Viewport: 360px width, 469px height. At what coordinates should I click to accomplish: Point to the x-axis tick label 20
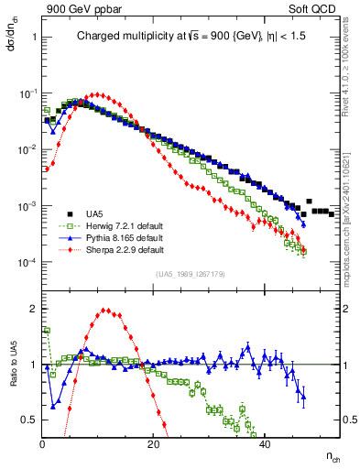154,444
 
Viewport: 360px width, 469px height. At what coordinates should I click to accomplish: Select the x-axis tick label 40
265,444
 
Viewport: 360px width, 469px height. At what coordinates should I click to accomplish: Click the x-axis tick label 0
43,444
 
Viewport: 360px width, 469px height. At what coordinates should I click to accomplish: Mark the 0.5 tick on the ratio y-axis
28,420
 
